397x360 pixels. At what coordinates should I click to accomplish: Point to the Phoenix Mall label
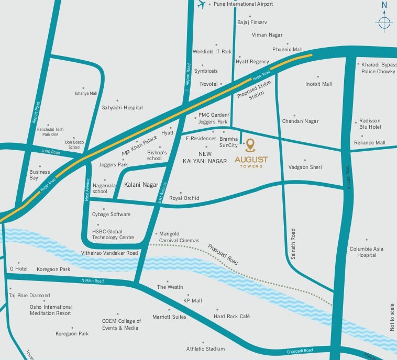tap(287, 50)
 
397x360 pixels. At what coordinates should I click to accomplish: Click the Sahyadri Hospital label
tap(122, 108)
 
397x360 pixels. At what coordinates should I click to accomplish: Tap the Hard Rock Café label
tap(232, 317)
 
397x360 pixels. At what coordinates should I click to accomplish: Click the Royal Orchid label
tap(184, 198)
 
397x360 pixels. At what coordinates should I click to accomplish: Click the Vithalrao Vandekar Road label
tap(109, 253)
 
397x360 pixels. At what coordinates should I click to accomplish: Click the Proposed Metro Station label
tap(253, 89)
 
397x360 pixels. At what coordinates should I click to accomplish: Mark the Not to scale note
tap(391, 317)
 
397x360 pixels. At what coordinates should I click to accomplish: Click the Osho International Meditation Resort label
tap(50, 310)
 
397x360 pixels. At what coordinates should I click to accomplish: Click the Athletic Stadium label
tap(205, 348)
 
